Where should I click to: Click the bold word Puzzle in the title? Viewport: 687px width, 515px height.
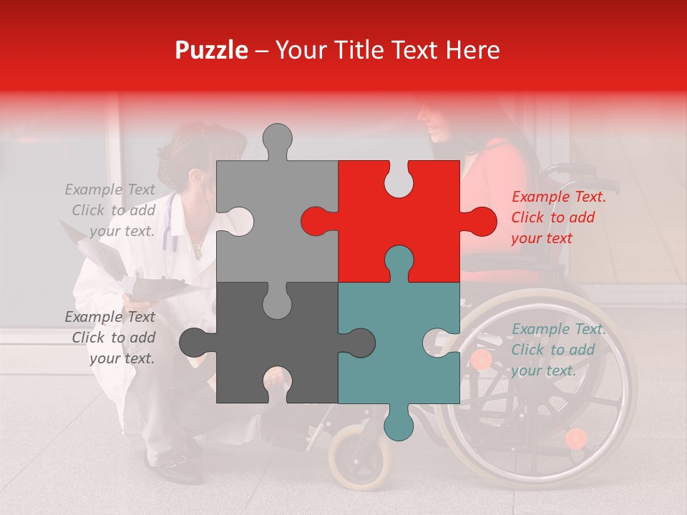tap(212, 50)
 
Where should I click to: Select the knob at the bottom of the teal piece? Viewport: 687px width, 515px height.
tap(399, 423)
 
